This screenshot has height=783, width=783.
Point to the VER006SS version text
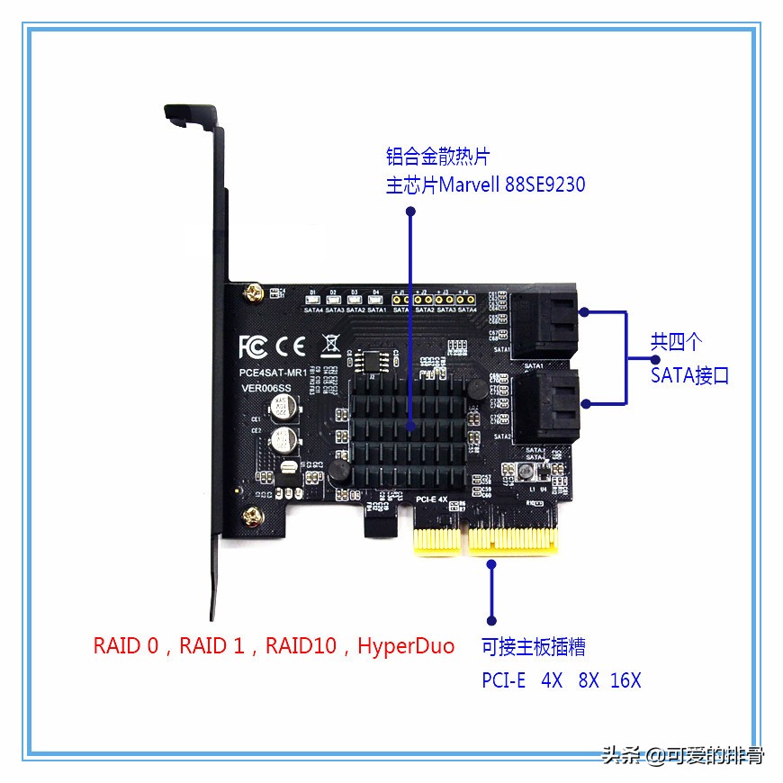(266, 389)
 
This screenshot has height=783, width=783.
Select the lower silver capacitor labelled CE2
(287, 439)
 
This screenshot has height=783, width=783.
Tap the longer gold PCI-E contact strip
(513, 541)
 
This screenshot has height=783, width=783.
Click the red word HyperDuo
(406, 645)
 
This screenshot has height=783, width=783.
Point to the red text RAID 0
(125, 645)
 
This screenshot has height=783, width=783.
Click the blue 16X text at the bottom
(625, 679)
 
